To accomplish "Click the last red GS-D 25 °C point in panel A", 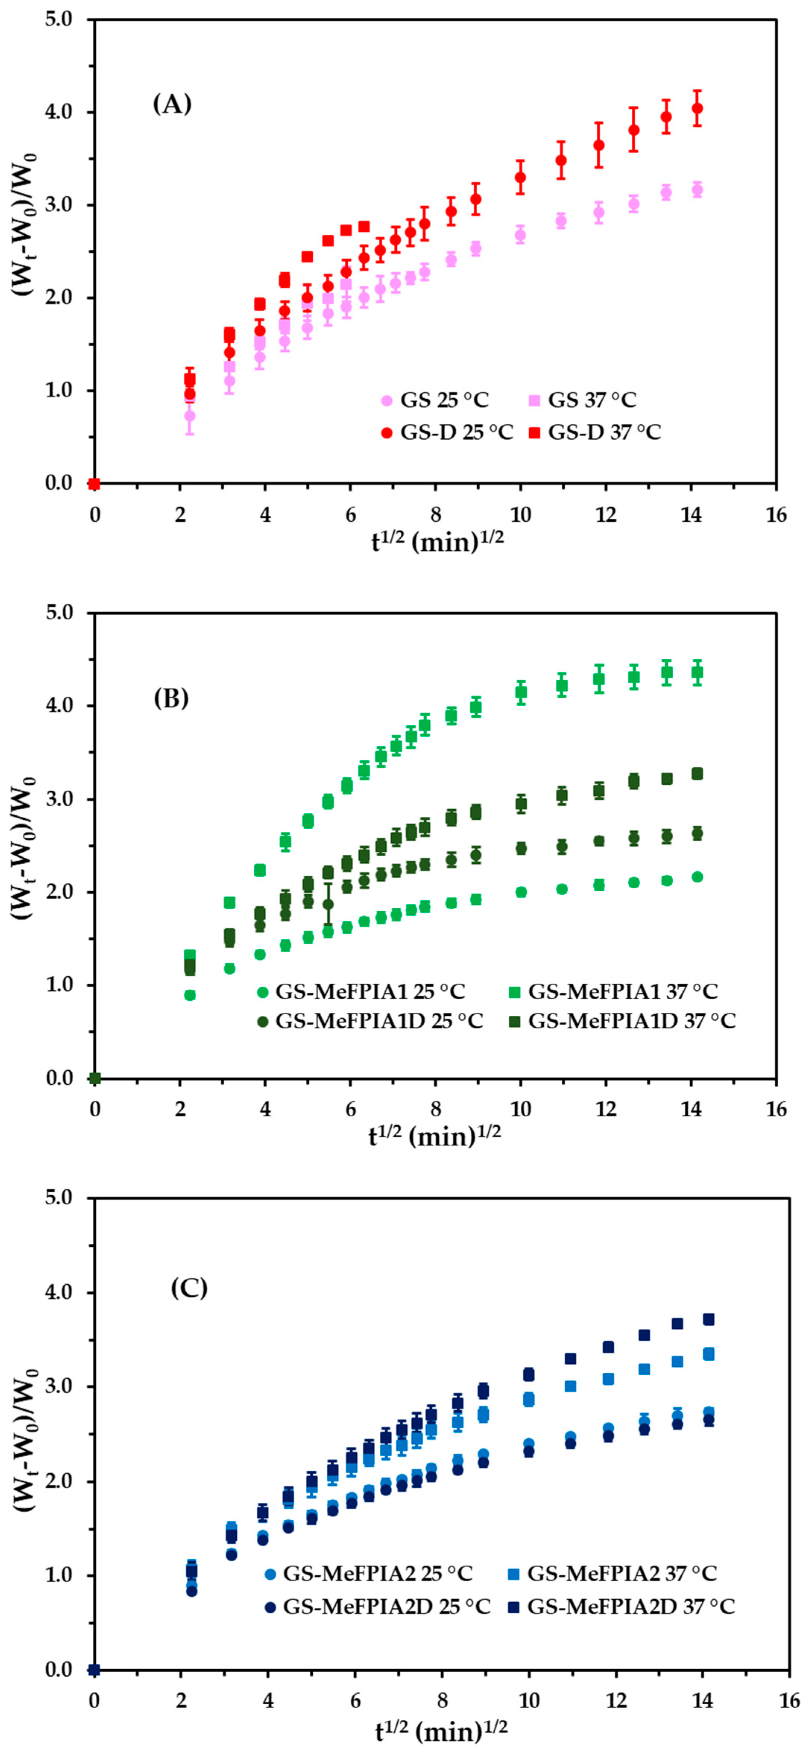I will pos(697,108).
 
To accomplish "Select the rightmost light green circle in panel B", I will pos(697,877).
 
